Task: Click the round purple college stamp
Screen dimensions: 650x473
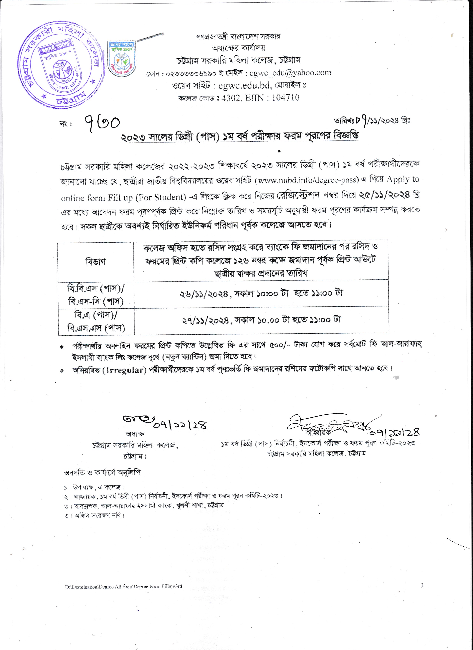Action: (x=60, y=64)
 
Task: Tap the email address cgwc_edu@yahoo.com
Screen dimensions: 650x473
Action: (x=290, y=73)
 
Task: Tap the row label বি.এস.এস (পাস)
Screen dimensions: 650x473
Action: (x=96, y=328)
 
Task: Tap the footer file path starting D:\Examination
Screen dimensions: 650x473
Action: (x=123, y=586)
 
